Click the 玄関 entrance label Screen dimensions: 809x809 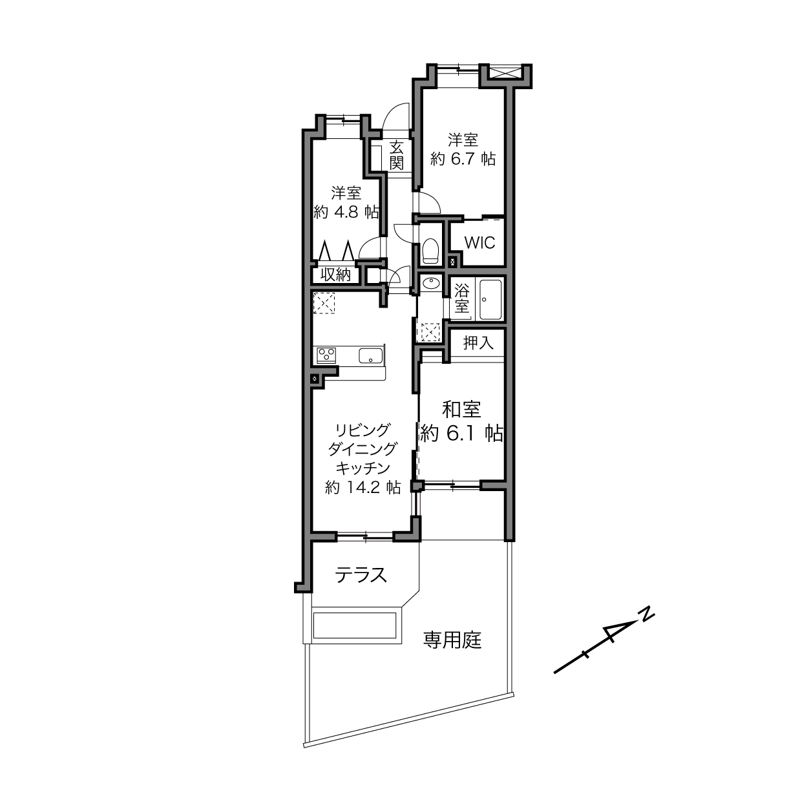(x=396, y=156)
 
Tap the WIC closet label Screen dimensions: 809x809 (x=479, y=243)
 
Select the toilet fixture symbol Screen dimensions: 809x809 (x=430, y=251)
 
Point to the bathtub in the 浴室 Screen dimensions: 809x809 (x=490, y=300)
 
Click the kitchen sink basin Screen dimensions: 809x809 (x=371, y=355)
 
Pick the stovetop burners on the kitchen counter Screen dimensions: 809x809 (x=326, y=355)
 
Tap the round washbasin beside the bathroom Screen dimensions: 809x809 (x=430, y=284)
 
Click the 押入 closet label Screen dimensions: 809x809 (x=478, y=343)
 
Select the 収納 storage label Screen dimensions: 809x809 (x=335, y=275)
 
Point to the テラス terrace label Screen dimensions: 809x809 (x=361, y=575)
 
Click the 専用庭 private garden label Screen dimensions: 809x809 (x=452, y=640)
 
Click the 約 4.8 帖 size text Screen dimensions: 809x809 (x=346, y=212)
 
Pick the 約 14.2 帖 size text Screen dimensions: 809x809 (x=362, y=487)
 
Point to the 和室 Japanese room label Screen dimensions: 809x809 (x=461, y=409)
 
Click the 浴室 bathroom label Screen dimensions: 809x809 (x=461, y=299)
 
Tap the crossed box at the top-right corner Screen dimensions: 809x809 (x=506, y=72)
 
